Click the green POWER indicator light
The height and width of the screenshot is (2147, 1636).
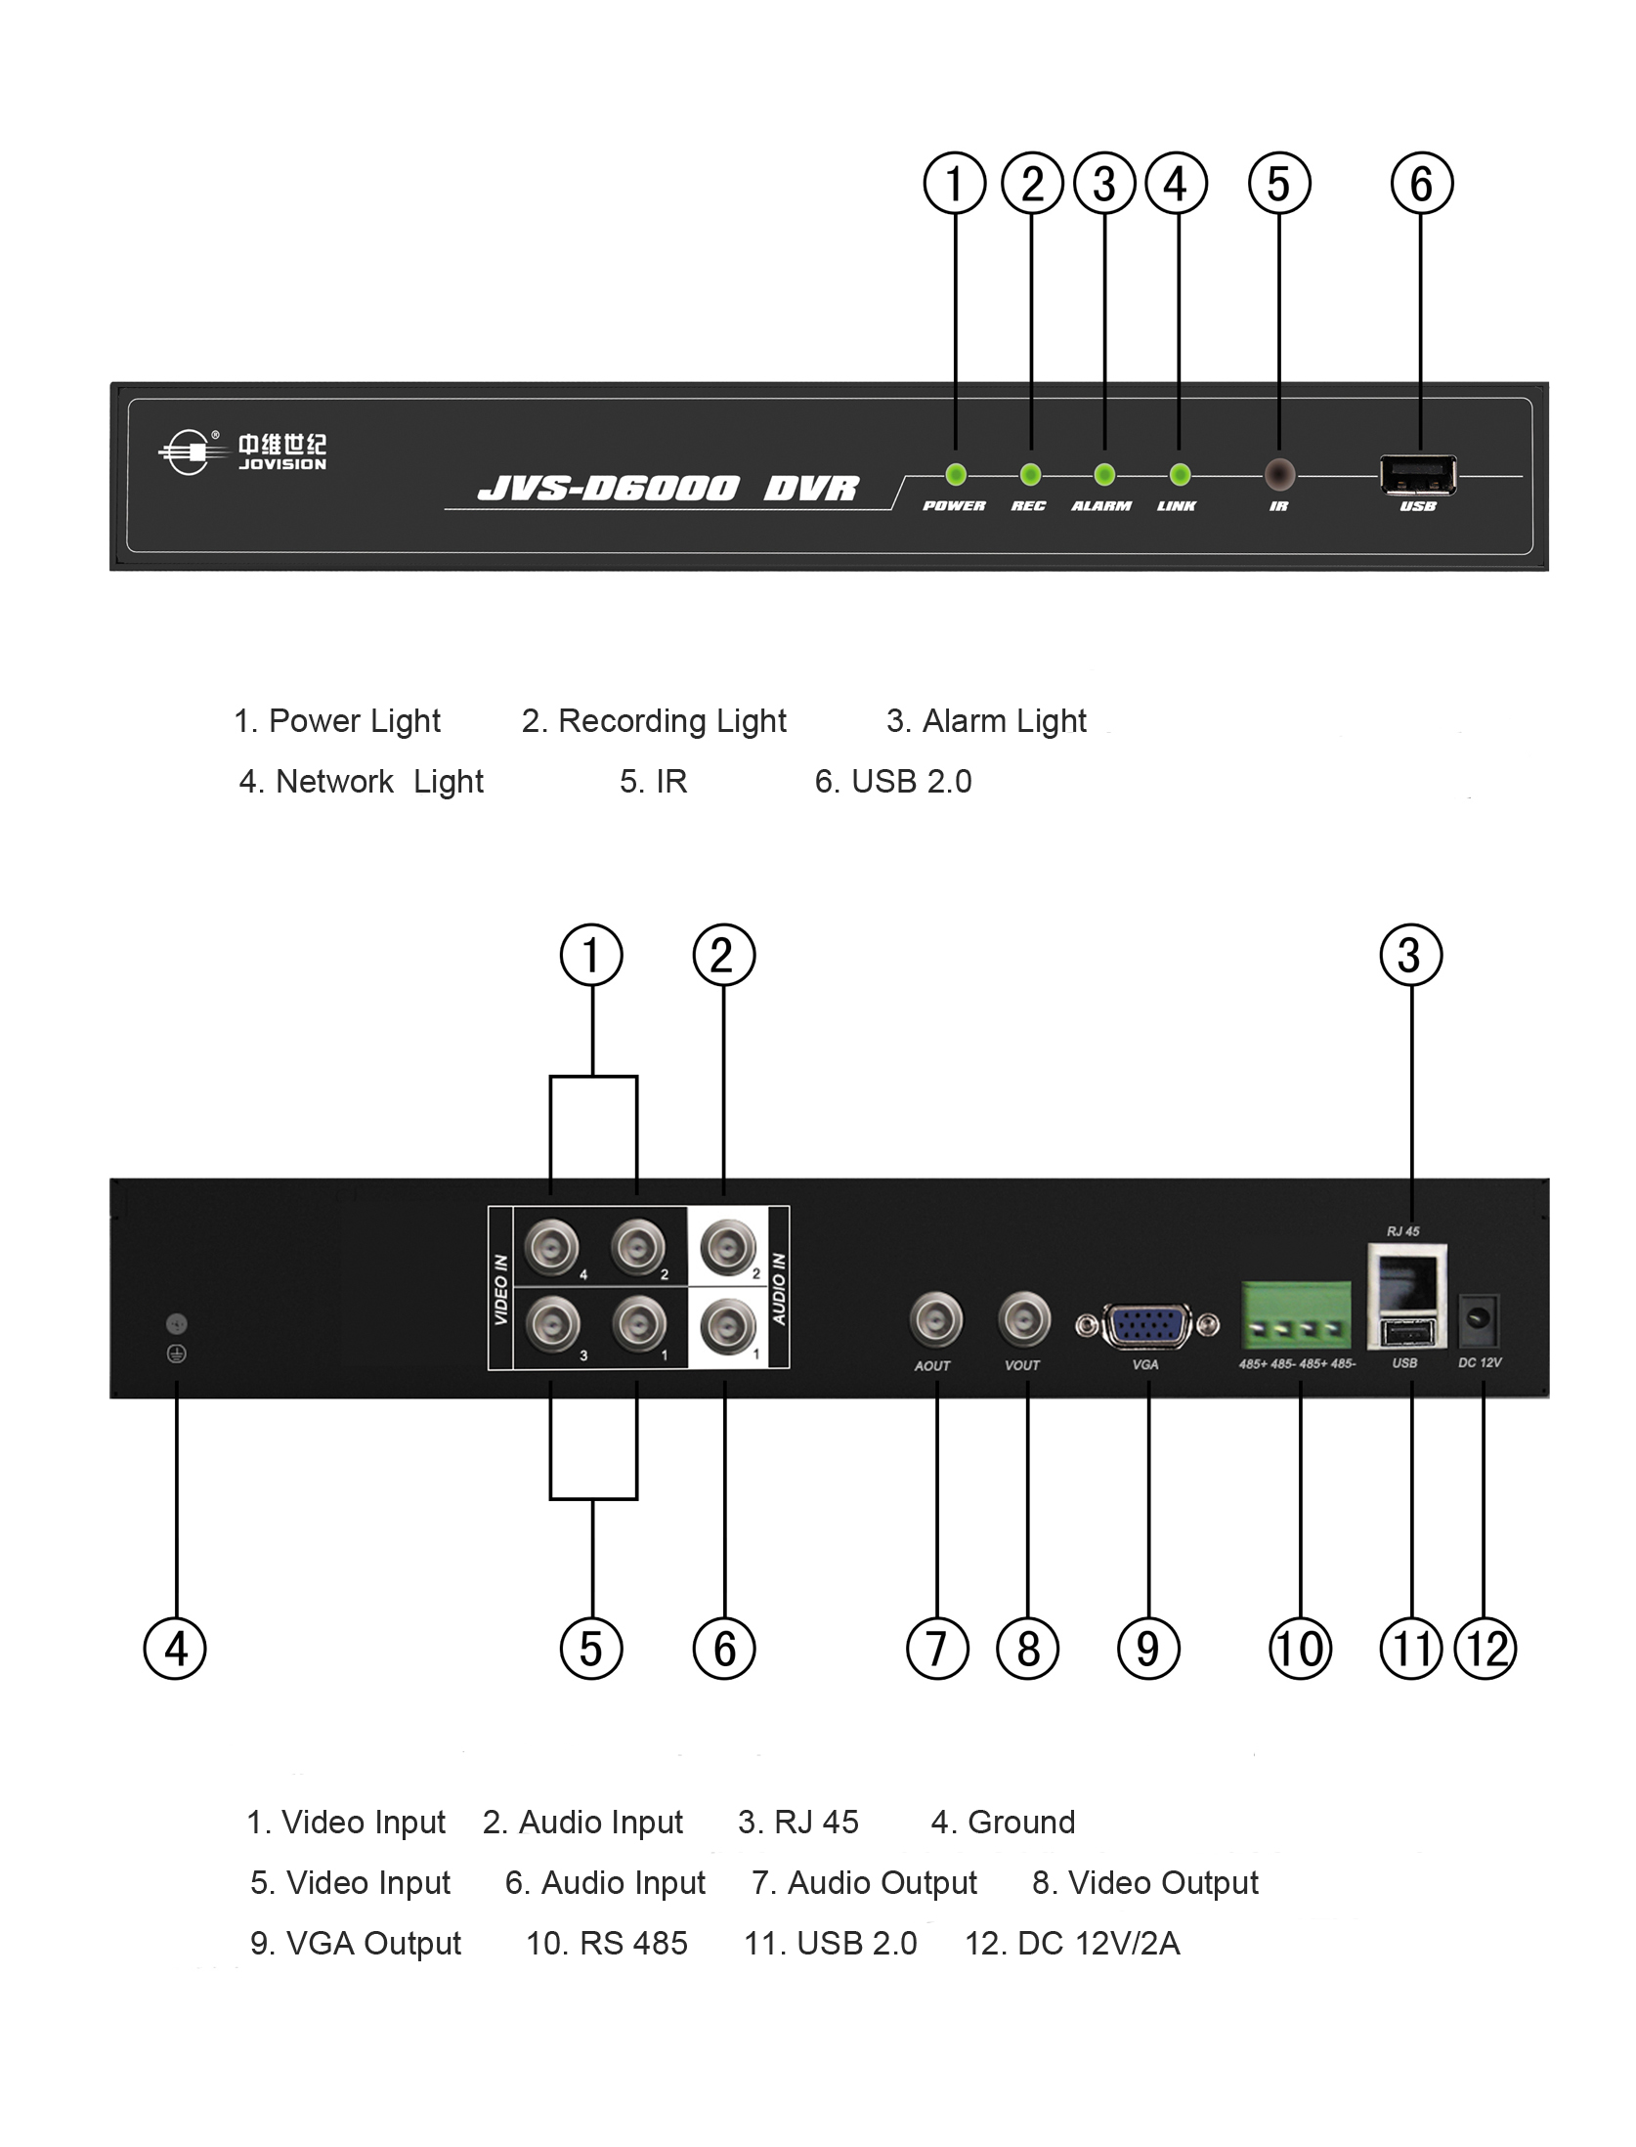coord(956,475)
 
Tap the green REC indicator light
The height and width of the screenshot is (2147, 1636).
coord(1030,475)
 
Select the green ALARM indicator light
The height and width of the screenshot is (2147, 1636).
coord(1104,475)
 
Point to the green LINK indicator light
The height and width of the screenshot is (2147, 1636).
coord(1180,475)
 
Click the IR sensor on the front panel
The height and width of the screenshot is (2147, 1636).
coord(1279,475)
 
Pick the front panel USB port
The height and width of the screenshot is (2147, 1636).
coord(1417,475)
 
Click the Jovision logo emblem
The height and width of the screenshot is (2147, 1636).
coord(187,452)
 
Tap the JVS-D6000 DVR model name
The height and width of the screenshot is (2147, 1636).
coord(667,488)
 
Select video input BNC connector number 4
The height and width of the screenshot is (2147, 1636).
coord(552,1247)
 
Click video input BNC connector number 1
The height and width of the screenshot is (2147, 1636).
coord(638,1325)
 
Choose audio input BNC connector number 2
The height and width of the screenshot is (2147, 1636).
coord(729,1246)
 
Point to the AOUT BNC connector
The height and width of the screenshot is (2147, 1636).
coord(935,1320)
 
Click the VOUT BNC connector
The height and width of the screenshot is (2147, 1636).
coord(1024,1320)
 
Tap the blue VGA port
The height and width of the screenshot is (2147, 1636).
coord(1147,1326)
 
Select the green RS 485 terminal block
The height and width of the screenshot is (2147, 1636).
coord(1297,1315)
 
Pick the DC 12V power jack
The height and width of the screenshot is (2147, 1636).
coord(1479,1320)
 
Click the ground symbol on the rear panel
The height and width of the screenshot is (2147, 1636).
coord(177,1353)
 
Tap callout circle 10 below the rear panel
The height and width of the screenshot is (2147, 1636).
coord(1300,1650)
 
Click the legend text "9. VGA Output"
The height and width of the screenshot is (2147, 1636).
coord(356,1944)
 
